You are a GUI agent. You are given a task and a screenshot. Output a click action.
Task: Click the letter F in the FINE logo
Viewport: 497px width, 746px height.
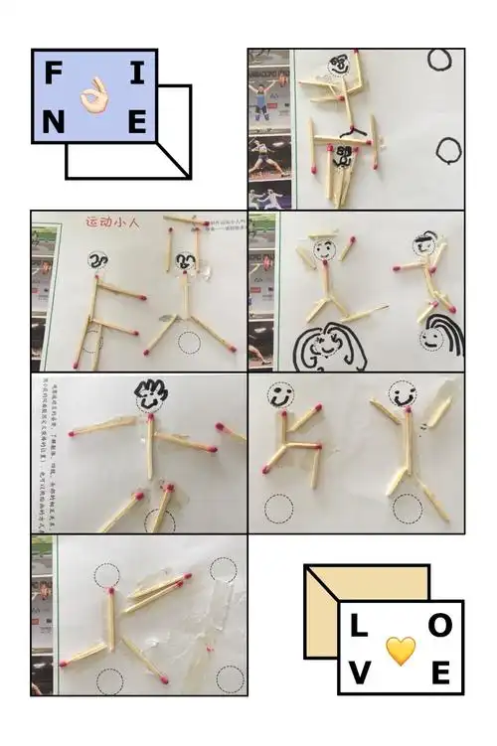pos(54,72)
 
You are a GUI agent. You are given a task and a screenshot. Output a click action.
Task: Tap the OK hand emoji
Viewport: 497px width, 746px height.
pos(95,96)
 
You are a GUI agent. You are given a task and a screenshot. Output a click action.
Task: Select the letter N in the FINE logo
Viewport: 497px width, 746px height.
pos(54,122)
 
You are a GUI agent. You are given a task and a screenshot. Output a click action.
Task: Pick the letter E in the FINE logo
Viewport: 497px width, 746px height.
pos(137,122)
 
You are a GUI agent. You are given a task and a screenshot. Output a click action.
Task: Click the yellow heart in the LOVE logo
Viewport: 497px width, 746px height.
pos(400,651)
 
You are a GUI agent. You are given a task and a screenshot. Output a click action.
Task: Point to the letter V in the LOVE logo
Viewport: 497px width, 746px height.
pos(358,676)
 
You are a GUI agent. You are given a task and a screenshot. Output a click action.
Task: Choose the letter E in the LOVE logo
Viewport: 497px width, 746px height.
pos(441,676)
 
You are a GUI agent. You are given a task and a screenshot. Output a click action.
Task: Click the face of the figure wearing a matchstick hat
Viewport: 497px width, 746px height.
pos(324,249)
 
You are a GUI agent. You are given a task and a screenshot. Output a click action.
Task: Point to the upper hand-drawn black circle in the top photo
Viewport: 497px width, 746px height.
pos(440,60)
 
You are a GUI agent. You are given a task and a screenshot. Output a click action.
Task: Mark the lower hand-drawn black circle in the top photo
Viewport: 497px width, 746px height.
pos(448,150)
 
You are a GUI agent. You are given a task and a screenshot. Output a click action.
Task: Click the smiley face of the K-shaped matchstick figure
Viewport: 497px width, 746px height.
pos(279,396)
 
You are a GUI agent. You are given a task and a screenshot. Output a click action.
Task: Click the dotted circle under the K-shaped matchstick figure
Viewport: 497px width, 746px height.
pos(279,509)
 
